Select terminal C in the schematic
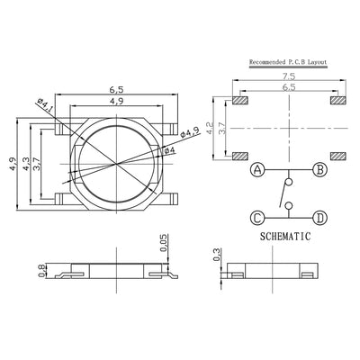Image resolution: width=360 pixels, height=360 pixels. [x=257, y=217]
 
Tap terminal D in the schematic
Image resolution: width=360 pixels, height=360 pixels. [x=319, y=217]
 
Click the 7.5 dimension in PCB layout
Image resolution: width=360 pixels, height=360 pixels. [x=287, y=79]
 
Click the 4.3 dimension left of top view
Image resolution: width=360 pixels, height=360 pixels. [x=26, y=164]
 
